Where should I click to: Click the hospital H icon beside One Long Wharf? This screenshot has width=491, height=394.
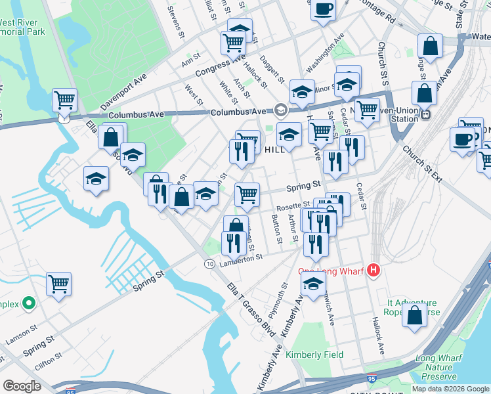(374, 270)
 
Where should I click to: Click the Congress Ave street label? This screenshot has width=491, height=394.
(211, 68)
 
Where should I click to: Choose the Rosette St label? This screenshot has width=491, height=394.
(293, 207)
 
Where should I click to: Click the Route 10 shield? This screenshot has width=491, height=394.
(209, 263)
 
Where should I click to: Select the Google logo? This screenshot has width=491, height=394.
(22, 386)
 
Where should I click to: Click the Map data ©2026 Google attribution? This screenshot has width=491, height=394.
(451, 389)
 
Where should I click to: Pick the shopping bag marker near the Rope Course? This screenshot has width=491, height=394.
(415, 315)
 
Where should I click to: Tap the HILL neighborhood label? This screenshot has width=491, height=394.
(274, 150)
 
